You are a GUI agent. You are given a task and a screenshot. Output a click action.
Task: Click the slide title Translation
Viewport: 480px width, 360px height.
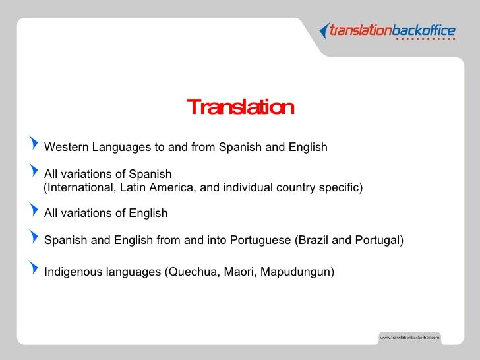pyautogui.click(x=240, y=107)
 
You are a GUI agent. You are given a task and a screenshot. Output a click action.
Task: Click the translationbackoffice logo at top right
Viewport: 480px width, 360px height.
pyautogui.click(x=387, y=30)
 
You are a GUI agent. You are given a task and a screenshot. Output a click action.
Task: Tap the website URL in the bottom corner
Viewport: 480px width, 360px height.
pyautogui.click(x=409, y=337)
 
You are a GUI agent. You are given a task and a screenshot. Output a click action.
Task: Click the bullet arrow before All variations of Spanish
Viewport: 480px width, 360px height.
pyautogui.click(x=35, y=173)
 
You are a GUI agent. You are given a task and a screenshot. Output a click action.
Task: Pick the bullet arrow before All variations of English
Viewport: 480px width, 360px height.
pyautogui.click(x=35, y=212)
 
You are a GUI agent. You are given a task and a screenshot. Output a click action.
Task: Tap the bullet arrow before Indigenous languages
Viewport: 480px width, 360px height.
pyautogui.click(x=35, y=269)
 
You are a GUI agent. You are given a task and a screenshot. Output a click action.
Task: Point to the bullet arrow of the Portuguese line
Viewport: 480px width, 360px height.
pyautogui.click(x=35, y=239)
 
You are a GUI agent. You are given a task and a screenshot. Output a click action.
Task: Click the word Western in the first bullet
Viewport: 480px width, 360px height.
pyautogui.click(x=66, y=147)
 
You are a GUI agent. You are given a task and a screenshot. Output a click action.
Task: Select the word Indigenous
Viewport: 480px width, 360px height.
pyautogui.click(x=72, y=271)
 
